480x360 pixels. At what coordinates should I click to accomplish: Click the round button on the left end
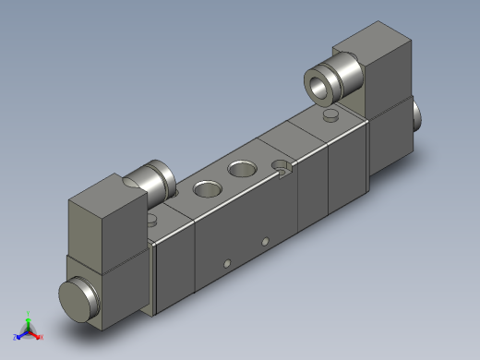[77, 299]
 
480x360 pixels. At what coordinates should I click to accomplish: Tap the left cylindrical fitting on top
[153, 178]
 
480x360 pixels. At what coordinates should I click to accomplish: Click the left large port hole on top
[204, 190]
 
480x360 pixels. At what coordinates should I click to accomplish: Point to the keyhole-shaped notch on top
[284, 167]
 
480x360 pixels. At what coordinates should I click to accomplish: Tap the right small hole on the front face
[265, 242]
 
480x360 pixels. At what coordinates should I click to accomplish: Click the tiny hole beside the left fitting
[152, 221]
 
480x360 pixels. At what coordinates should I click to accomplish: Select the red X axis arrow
[36, 334]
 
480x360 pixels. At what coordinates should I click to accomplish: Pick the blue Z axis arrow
[20, 333]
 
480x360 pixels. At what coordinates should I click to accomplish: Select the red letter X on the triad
[42, 337]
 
